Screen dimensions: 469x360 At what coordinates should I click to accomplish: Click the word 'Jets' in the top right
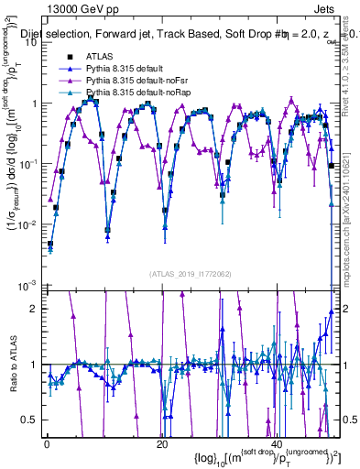pyautogui.click(x=324, y=8)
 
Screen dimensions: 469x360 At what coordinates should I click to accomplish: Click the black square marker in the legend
pyautogui.click(x=70, y=57)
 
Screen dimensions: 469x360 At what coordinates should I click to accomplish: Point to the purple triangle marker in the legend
pyautogui.click(x=70, y=82)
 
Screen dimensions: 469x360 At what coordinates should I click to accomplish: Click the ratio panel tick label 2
pyautogui.click(x=33, y=308)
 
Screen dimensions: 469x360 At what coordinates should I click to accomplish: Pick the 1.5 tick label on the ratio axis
pyautogui.click(x=29, y=336)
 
